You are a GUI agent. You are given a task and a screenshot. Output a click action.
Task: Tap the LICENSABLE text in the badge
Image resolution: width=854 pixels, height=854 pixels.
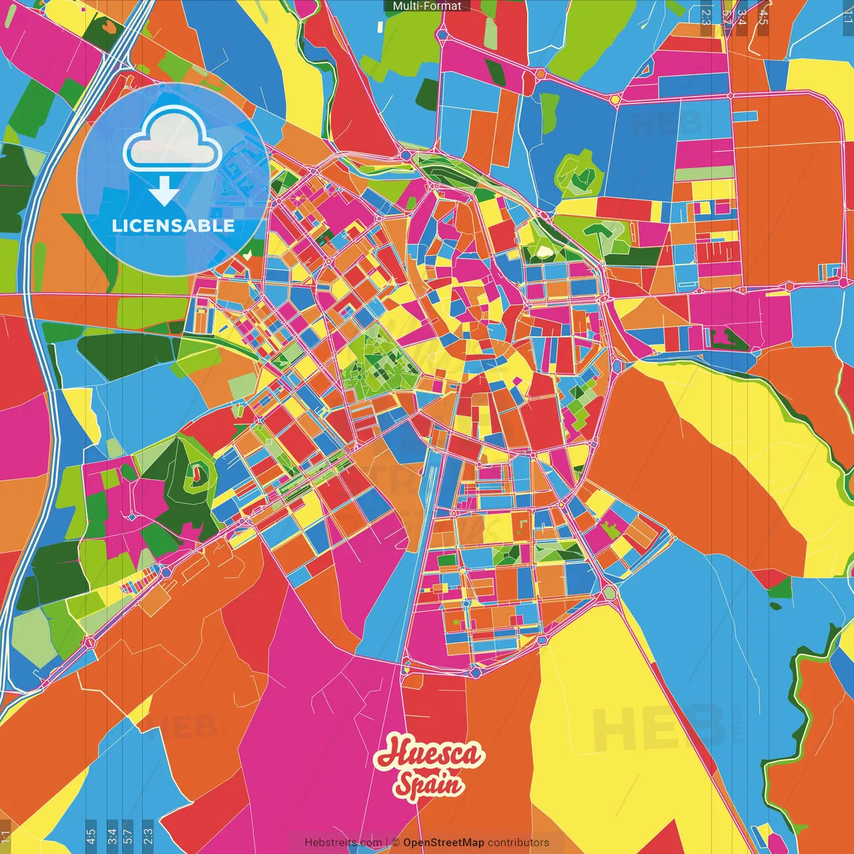pos(173,226)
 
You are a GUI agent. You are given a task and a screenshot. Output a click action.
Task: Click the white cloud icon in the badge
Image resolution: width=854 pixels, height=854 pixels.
pos(172,138)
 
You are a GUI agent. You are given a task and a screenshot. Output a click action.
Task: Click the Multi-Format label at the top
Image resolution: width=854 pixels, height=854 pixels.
pos(427,6)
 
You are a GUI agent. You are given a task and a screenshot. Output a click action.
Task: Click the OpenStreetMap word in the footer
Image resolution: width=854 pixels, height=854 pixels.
pos(443,843)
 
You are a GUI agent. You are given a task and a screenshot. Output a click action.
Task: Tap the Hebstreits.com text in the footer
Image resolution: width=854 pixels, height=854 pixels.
pos(343,843)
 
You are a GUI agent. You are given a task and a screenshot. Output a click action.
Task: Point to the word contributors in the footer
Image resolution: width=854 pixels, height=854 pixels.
pos(518,843)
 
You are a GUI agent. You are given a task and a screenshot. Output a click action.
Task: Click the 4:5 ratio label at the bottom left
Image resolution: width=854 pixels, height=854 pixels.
pos(91,836)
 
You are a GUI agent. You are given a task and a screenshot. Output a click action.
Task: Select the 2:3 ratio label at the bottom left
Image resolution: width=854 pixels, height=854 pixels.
pos(147,836)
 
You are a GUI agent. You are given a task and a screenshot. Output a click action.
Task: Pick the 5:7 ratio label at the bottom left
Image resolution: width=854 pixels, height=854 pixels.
pos(128,836)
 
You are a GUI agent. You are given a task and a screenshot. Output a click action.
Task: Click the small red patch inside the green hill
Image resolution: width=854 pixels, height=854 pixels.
pos(197,474)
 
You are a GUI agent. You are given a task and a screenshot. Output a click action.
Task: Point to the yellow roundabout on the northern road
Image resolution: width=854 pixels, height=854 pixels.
pos(615,99)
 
